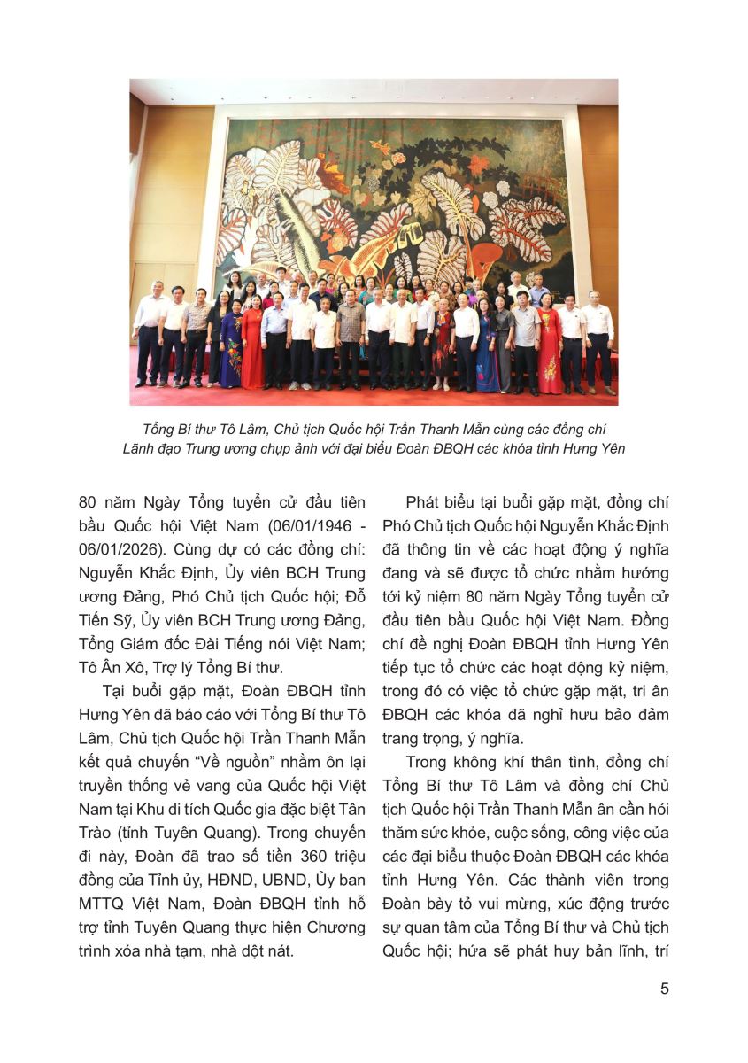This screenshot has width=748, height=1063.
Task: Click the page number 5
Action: click(x=664, y=989)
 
